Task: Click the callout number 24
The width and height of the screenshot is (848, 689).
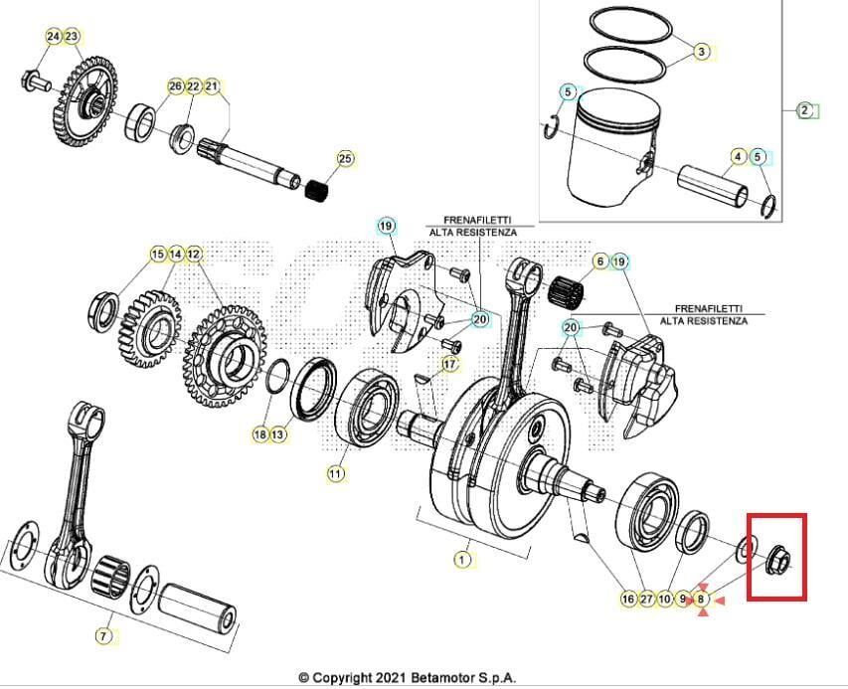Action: coord(53,36)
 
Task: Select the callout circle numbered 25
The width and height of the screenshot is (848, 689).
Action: coord(345,158)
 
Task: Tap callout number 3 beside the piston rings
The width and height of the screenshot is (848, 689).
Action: coord(702,51)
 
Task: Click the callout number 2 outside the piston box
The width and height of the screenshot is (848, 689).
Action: coord(805,109)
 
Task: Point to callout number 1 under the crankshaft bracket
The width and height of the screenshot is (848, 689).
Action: coord(461,560)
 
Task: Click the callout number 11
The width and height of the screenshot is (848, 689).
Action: coord(336,474)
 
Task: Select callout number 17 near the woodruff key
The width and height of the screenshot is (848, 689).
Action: coord(450,365)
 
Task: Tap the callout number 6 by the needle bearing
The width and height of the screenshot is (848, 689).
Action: coord(600,261)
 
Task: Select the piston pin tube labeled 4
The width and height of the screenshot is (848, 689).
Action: coord(713,185)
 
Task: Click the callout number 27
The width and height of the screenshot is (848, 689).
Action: coord(647,600)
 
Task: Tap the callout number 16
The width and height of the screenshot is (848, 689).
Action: coord(627,600)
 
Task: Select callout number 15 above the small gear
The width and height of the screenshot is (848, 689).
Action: coord(157,255)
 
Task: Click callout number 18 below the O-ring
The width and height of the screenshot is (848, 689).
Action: coord(260,434)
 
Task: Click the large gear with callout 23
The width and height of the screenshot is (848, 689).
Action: coord(85,100)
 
